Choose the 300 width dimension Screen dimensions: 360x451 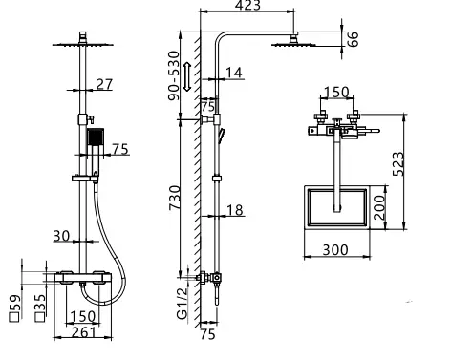(x=333, y=250)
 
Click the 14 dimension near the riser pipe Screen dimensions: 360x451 (x=236, y=72)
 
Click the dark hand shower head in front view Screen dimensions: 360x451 (x=94, y=140)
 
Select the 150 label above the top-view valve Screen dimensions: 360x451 (x=335, y=94)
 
